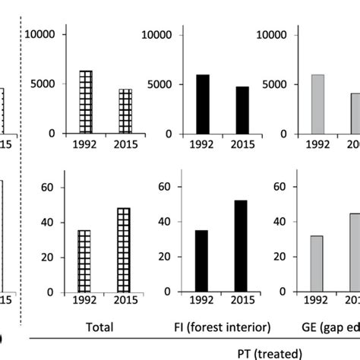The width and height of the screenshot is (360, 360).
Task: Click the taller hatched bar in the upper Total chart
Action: [86, 102]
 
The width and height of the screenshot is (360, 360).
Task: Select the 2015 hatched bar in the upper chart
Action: [125, 111]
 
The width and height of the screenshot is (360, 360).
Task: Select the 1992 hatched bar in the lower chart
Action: [86, 261]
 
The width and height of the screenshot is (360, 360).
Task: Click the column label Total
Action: [99, 327]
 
